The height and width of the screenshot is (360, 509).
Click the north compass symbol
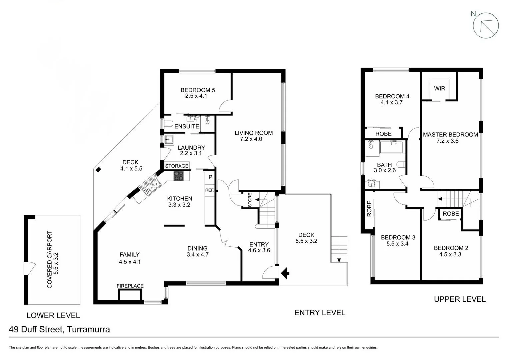coord(486,25)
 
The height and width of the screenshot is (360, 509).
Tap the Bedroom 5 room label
coord(198,90)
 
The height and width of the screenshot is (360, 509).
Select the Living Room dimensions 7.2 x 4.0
coord(251,139)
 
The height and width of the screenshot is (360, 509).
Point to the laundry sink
coord(169,139)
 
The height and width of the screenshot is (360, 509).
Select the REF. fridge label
coord(209,190)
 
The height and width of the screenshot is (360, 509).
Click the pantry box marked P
coord(210,177)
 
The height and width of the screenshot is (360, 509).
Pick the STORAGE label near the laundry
coord(177,166)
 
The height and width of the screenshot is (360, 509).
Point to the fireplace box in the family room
coord(130,295)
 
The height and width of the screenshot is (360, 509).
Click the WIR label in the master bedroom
coord(439,89)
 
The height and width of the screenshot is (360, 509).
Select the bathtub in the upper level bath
coord(391,147)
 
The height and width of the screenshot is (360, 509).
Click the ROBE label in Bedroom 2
coord(451,214)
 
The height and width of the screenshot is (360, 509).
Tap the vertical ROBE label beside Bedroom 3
coord(369,209)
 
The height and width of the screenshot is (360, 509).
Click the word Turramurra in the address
coord(88,330)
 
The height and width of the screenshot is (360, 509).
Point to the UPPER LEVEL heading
coord(459,299)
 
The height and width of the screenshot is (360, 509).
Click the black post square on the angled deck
coord(98,170)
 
